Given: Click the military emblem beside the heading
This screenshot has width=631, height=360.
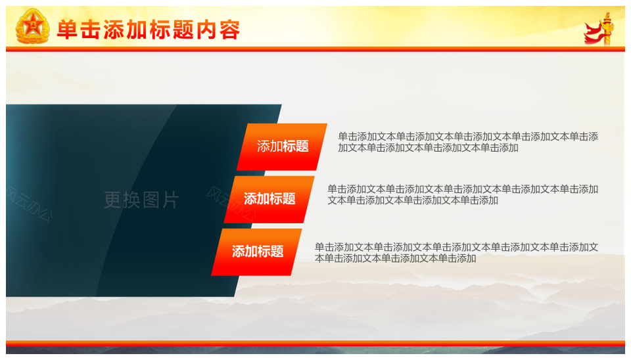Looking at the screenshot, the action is pos(33,26).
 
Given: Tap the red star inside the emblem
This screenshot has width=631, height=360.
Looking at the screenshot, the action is pos(33,26).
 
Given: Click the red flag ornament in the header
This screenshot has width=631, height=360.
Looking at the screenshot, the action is pos(599,28).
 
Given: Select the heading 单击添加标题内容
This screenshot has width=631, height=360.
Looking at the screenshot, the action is pos(149,30).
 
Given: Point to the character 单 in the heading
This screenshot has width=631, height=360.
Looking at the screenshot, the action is pos(67,30).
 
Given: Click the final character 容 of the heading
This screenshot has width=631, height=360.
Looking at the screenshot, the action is pos(230,30).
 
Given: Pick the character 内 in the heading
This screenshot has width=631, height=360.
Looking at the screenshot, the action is pos(207,30).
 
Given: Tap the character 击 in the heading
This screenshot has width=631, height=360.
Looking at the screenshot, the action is pos(90,30).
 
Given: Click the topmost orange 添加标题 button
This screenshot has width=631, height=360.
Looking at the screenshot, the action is pos(282,146).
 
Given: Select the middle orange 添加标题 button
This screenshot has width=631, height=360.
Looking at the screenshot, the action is pos(269,199).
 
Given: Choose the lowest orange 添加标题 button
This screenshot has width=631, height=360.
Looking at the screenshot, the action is pos(256,252).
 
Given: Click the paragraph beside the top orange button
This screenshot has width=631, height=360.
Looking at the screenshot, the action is pos(468,142).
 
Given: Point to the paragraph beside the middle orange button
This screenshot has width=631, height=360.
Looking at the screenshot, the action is pos(463,194).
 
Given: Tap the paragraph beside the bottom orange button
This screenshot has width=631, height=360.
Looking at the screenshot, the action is pos(456,253).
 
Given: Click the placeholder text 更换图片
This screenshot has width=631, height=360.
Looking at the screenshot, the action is pos(141,200).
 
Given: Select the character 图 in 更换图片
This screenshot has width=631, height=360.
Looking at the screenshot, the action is pos(151,200).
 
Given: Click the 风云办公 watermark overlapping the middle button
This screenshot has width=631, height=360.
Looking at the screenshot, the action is pos(231,204).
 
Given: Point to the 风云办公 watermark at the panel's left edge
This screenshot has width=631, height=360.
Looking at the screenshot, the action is pos(29,204).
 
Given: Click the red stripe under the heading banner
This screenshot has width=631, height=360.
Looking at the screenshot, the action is pos(315,49).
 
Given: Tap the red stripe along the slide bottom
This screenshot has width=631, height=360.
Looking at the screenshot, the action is pos(315,343).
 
